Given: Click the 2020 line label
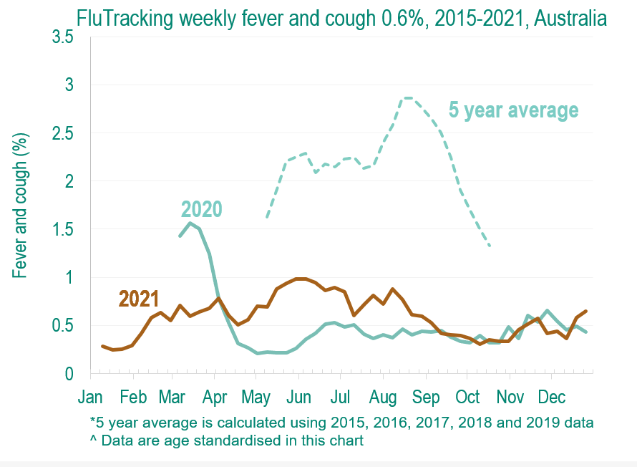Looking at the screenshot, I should tap(201, 208).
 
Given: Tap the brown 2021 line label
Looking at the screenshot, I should tap(139, 298).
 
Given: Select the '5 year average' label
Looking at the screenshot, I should tap(513, 110).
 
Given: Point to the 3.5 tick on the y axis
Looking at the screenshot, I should tap(63, 37).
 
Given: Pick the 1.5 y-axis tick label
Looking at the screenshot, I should tap(63, 229).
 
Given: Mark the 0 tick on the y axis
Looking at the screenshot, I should tap(69, 374).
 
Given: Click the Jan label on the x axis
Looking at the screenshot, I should tap(91, 396).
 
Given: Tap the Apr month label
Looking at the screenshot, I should tap(216, 396).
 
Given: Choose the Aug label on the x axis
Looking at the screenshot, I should tap(384, 396).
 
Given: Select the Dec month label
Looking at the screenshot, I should tap(552, 396).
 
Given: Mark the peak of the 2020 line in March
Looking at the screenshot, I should tap(190, 223).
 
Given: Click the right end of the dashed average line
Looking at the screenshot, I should tap(490, 246).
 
